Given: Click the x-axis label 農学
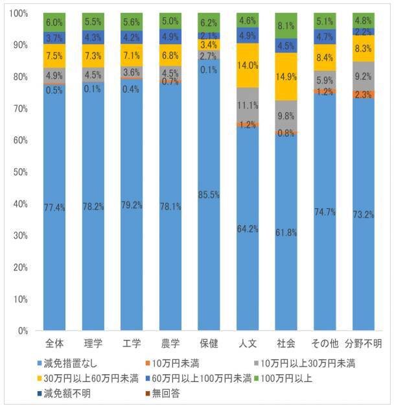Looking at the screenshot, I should pos(170,342).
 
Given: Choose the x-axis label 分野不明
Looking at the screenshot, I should pos(363,342).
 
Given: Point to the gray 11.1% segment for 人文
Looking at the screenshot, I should pos(248,104).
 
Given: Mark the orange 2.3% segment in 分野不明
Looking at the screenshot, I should pos(363,95).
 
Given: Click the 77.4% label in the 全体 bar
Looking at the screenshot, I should pos(54,208).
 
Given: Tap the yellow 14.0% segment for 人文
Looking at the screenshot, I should pos(248,66).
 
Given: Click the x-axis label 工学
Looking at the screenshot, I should pos(132,342).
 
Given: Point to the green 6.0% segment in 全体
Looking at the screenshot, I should pos(54,23).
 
